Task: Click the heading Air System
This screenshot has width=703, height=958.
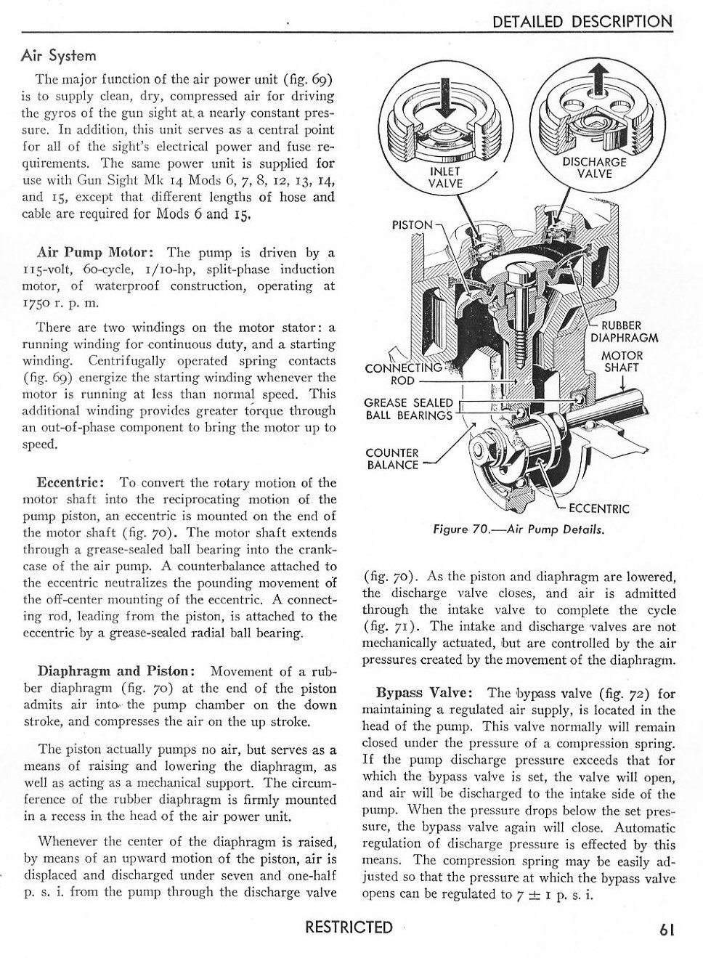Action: (x=59, y=56)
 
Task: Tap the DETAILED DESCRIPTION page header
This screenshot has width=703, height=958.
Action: (x=582, y=21)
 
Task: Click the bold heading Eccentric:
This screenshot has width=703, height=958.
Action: (x=73, y=482)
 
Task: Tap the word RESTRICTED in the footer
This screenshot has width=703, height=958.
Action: (x=349, y=927)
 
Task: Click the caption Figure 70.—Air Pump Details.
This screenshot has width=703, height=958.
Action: (x=519, y=529)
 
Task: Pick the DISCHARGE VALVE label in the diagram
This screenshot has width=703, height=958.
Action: (x=594, y=168)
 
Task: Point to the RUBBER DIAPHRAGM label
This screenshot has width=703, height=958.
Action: (x=624, y=331)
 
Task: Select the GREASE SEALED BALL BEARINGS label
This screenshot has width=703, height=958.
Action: (x=409, y=409)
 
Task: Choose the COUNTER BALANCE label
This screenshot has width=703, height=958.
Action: (x=392, y=458)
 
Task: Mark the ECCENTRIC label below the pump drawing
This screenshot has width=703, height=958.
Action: (x=598, y=508)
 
